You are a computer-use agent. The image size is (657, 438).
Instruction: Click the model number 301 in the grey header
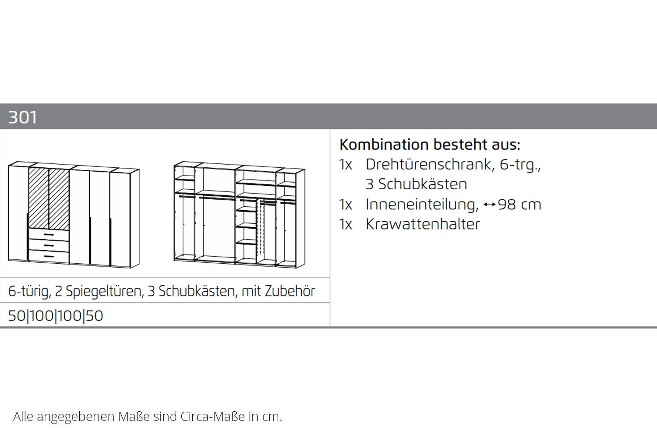click(x=23, y=117)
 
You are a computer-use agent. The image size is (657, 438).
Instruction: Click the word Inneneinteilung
click(x=422, y=205)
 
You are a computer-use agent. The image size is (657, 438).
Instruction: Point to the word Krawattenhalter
click(x=423, y=224)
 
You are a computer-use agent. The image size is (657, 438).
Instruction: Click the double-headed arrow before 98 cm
click(x=490, y=205)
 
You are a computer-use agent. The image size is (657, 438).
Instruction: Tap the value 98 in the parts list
click(x=507, y=205)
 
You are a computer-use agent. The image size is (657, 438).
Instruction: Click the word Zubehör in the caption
click(x=290, y=291)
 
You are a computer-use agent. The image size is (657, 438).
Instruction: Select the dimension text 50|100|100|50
click(x=56, y=316)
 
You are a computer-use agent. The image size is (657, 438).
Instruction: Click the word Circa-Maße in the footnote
click(x=212, y=417)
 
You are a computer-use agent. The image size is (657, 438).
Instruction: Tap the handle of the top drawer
click(x=49, y=235)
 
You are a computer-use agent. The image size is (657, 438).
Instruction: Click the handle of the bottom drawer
click(x=49, y=257)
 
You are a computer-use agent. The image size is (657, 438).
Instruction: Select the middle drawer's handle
click(x=49, y=246)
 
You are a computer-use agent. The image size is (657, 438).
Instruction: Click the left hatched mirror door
click(x=39, y=198)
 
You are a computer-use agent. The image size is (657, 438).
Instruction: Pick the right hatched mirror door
click(x=59, y=199)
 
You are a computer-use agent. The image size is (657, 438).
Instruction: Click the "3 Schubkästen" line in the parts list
click(x=416, y=184)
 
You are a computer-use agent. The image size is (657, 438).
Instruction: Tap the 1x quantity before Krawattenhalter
click(x=346, y=224)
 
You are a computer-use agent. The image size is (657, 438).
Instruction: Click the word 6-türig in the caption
click(x=28, y=291)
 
